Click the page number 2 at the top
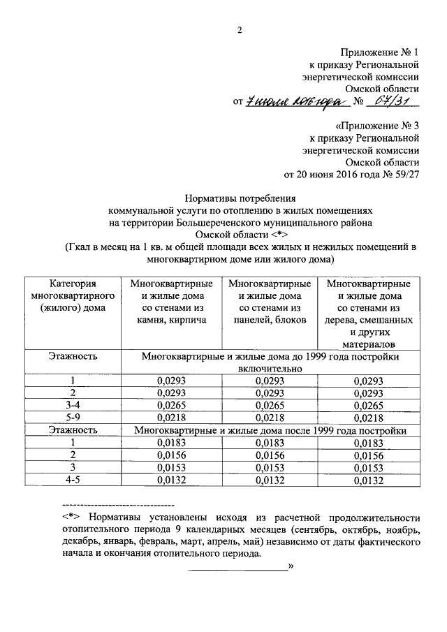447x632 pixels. pyautogui.click(x=239, y=30)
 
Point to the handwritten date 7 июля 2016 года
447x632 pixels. pyautogui.click(x=295, y=103)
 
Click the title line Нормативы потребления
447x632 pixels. pyautogui.click(x=240, y=198)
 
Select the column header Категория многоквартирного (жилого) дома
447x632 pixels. pyautogui.click(x=73, y=295)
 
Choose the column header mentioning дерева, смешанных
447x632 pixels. pyautogui.click(x=369, y=314)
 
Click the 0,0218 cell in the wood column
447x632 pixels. pyautogui.click(x=369, y=418)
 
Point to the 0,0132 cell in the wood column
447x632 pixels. pyautogui.click(x=369, y=480)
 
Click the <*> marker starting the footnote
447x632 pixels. pyautogui.click(x=72, y=517)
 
